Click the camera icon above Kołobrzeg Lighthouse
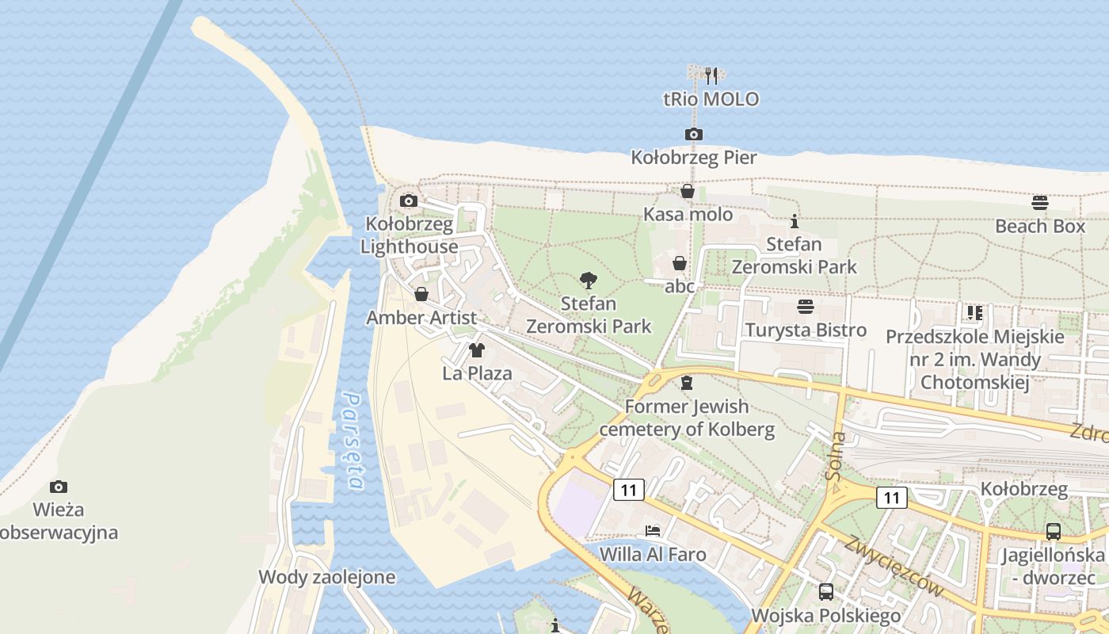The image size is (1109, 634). (x=409, y=201)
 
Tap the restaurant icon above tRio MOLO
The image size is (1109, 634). (x=711, y=76)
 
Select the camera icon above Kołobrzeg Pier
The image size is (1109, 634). (x=694, y=135)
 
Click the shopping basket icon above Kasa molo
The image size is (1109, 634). (x=688, y=191)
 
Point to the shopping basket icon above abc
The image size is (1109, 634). (x=680, y=263)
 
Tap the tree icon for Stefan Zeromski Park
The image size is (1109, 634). (x=588, y=280)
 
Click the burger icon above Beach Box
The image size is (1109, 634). (x=1040, y=203)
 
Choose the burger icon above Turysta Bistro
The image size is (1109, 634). (x=806, y=307)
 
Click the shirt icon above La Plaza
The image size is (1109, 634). (x=477, y=349)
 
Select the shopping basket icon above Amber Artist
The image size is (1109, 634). (x=421, y=295)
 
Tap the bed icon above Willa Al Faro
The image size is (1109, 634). (x=653, y=530)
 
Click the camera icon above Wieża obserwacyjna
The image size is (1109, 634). (x=58, y=486)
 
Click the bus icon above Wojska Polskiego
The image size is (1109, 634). (x=826, y=591)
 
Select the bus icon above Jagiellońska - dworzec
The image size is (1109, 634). (x=1053, y=532)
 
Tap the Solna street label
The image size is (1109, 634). (x=834, y=457)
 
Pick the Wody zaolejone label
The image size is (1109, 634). (x=326, y=577)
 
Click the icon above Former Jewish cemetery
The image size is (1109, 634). (x=687, y=383)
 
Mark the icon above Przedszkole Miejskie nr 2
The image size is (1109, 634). (x=974, y=313)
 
